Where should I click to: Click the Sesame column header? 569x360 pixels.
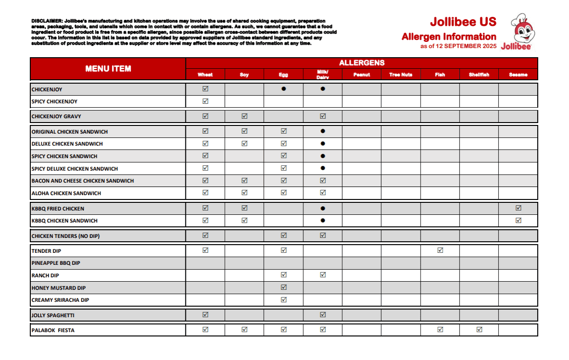click(518, 74)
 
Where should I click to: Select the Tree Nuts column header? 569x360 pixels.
click(401, 74)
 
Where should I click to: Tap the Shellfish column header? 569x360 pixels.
click(479, 74)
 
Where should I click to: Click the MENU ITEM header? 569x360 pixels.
click(108, 69)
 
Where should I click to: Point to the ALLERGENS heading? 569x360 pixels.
click(361, 63)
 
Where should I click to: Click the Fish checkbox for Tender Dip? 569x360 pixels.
click(440, 250)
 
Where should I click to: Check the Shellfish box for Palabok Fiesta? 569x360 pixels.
click(479, 330)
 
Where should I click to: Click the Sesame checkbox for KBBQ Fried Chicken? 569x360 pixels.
click(518, 208)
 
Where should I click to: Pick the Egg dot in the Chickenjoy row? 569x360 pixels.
click(284, 89)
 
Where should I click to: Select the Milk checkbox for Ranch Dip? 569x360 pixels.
click(323, 275)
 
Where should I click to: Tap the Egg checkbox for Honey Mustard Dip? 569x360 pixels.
click(284, 287)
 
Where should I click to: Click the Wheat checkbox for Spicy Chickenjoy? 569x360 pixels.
click(205, 101)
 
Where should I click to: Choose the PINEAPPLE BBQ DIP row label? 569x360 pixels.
click(56, 263)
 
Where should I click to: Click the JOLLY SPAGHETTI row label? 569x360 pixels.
click(53, 316)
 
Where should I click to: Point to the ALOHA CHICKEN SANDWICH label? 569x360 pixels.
click(66, 193)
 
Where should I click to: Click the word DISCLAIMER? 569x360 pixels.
click(46, 21)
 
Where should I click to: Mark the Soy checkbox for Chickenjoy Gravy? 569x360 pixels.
click(245, 116)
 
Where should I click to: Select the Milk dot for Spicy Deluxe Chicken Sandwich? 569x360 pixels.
click(323, 168)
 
